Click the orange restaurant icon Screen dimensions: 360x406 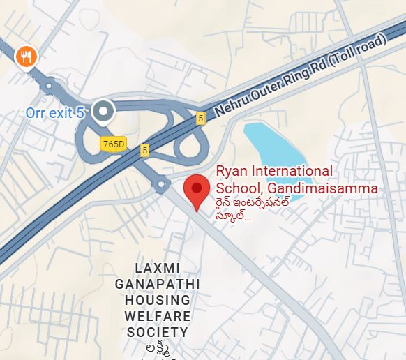point(26,57)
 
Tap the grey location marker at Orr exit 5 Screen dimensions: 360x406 point(104,112)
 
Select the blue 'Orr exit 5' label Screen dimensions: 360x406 point(55,112)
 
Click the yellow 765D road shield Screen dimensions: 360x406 point(113,144)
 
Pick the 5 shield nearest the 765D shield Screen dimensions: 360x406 point(144,149)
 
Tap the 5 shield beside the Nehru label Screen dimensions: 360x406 point(201,118)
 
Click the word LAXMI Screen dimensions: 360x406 point(157,269)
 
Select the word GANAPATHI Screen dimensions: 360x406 point(157,285)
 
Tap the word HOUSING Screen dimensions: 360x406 point(157,301)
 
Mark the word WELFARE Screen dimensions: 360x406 point(157,317)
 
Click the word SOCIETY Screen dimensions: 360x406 point(157,333)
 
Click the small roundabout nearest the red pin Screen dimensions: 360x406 point(161,185)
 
